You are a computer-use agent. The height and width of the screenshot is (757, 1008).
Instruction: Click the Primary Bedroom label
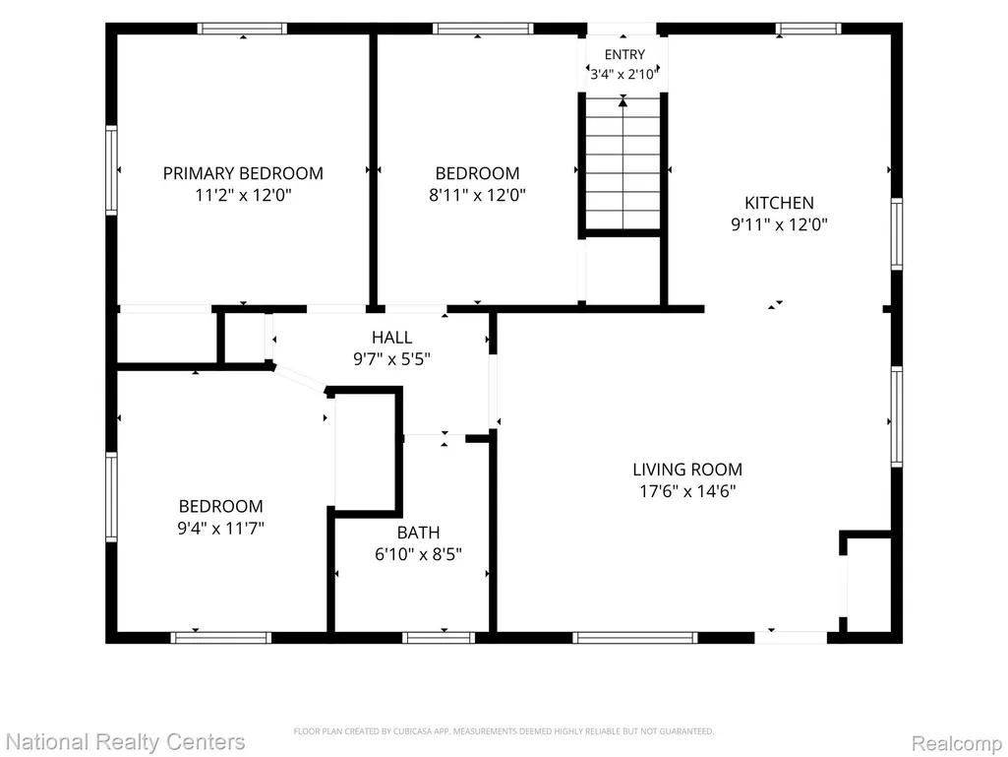243,173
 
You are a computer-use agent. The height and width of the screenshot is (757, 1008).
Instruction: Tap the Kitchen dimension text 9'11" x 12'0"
779,224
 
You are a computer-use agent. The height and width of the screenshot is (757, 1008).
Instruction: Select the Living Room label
687,470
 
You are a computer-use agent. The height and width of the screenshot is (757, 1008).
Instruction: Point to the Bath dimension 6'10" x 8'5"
419,554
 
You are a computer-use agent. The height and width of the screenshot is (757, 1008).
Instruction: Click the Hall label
392,338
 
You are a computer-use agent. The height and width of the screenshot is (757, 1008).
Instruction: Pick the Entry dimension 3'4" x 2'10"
624,74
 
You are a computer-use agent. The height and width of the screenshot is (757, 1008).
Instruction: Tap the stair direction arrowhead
623,101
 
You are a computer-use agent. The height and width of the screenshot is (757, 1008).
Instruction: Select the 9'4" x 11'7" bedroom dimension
221,529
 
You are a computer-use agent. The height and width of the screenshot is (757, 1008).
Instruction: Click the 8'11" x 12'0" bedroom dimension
478,194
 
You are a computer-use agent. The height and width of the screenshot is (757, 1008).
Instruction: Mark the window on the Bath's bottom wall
439,638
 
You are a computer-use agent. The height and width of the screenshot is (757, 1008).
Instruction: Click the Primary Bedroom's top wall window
242,29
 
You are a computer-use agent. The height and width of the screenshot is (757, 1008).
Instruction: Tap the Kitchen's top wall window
808,29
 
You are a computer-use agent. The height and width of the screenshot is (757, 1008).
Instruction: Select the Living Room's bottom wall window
635,638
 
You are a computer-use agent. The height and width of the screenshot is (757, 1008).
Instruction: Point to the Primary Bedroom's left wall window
111,170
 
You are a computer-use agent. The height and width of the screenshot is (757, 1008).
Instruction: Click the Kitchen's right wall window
897,234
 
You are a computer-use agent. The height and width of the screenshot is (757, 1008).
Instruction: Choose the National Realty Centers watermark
124,741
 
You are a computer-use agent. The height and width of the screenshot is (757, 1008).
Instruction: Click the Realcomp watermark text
957,743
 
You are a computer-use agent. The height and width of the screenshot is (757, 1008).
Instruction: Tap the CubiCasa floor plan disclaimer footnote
504,731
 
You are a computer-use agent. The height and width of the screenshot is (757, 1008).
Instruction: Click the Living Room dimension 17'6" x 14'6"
687,491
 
